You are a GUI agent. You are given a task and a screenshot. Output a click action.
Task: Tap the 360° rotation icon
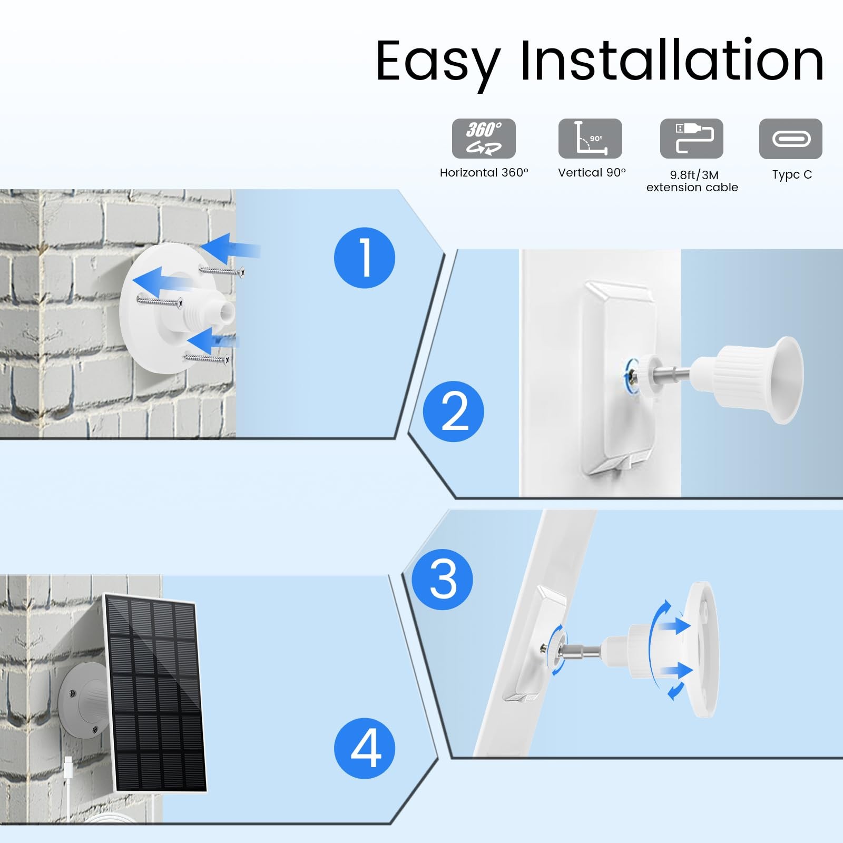[484, 139]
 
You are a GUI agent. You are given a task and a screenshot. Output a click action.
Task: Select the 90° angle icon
[590, 139]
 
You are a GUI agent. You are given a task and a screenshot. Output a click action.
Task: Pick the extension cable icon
[692, 139]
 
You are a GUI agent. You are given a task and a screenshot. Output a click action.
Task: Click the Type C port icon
[791, 139]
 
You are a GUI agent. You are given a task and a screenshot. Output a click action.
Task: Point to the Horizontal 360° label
[484, 173]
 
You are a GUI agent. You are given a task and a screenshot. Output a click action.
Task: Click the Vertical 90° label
[592, 173]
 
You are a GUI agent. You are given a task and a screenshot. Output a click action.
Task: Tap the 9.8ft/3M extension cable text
[692, 181]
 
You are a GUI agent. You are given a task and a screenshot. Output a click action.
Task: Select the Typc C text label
[792, 175]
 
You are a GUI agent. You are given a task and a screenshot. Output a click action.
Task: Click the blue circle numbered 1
[365, 258]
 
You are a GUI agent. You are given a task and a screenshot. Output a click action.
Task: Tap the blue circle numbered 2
[454, 411]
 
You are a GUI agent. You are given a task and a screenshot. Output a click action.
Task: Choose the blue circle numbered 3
[443, 580]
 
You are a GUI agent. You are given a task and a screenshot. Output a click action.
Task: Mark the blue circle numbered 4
[365, 748]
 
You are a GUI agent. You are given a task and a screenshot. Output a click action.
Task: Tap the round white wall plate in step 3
[701, 649]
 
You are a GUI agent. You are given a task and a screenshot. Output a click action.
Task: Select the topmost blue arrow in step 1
[230, 248]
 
